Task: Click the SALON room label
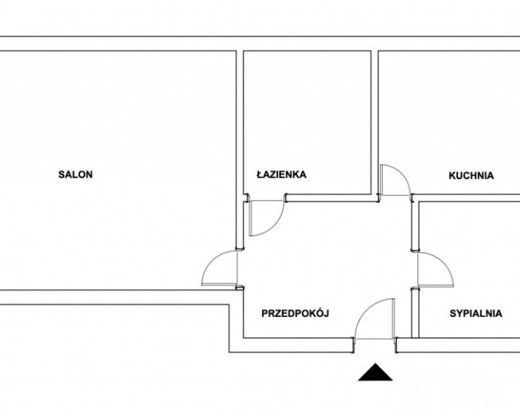[75, 175]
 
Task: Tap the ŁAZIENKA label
[281, 174]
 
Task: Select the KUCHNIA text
[471, 175]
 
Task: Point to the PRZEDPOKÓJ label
[295, 313]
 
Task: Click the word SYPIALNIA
[475, 313]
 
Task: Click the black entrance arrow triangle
[376, 372]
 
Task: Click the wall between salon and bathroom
[240, 149]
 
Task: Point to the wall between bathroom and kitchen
[375, 126]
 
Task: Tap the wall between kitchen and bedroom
[466, 198]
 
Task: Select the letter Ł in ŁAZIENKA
[260, 174]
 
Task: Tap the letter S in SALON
[61, 175]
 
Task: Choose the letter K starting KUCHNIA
[452, 175]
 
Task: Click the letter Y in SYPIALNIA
[459, 313]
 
